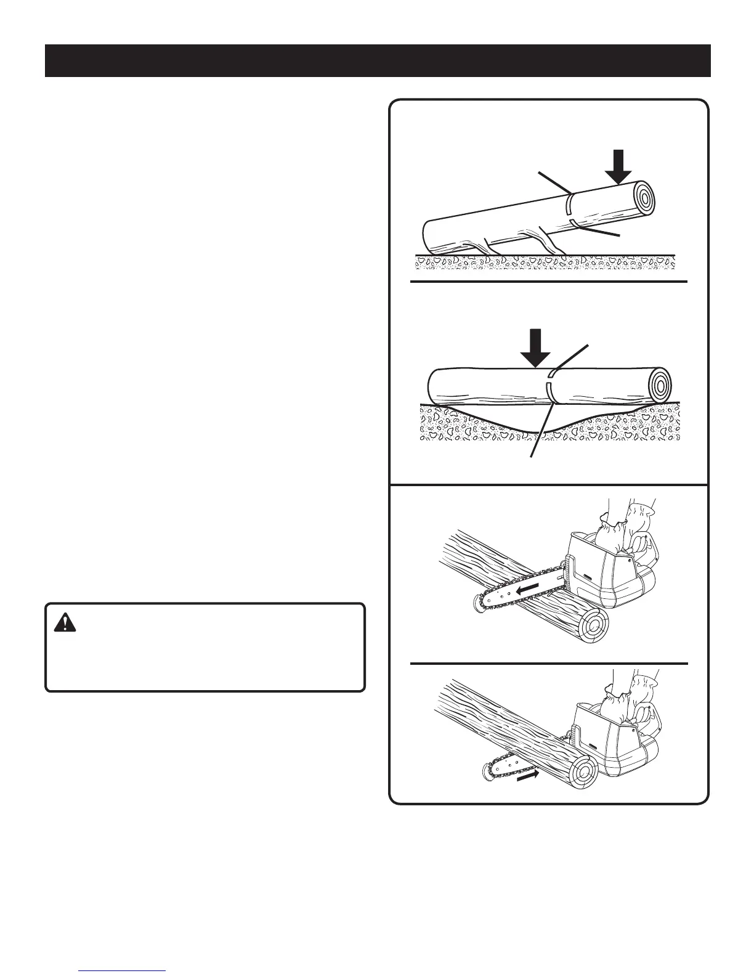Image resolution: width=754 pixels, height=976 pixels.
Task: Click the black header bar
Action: [x=377, y=60]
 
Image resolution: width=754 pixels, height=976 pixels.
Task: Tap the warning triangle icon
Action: [x=63, y=623]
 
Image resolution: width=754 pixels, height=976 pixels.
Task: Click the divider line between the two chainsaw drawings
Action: [x=548, y=664]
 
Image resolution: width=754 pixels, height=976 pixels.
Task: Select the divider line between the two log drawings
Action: [x=548, y=282]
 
